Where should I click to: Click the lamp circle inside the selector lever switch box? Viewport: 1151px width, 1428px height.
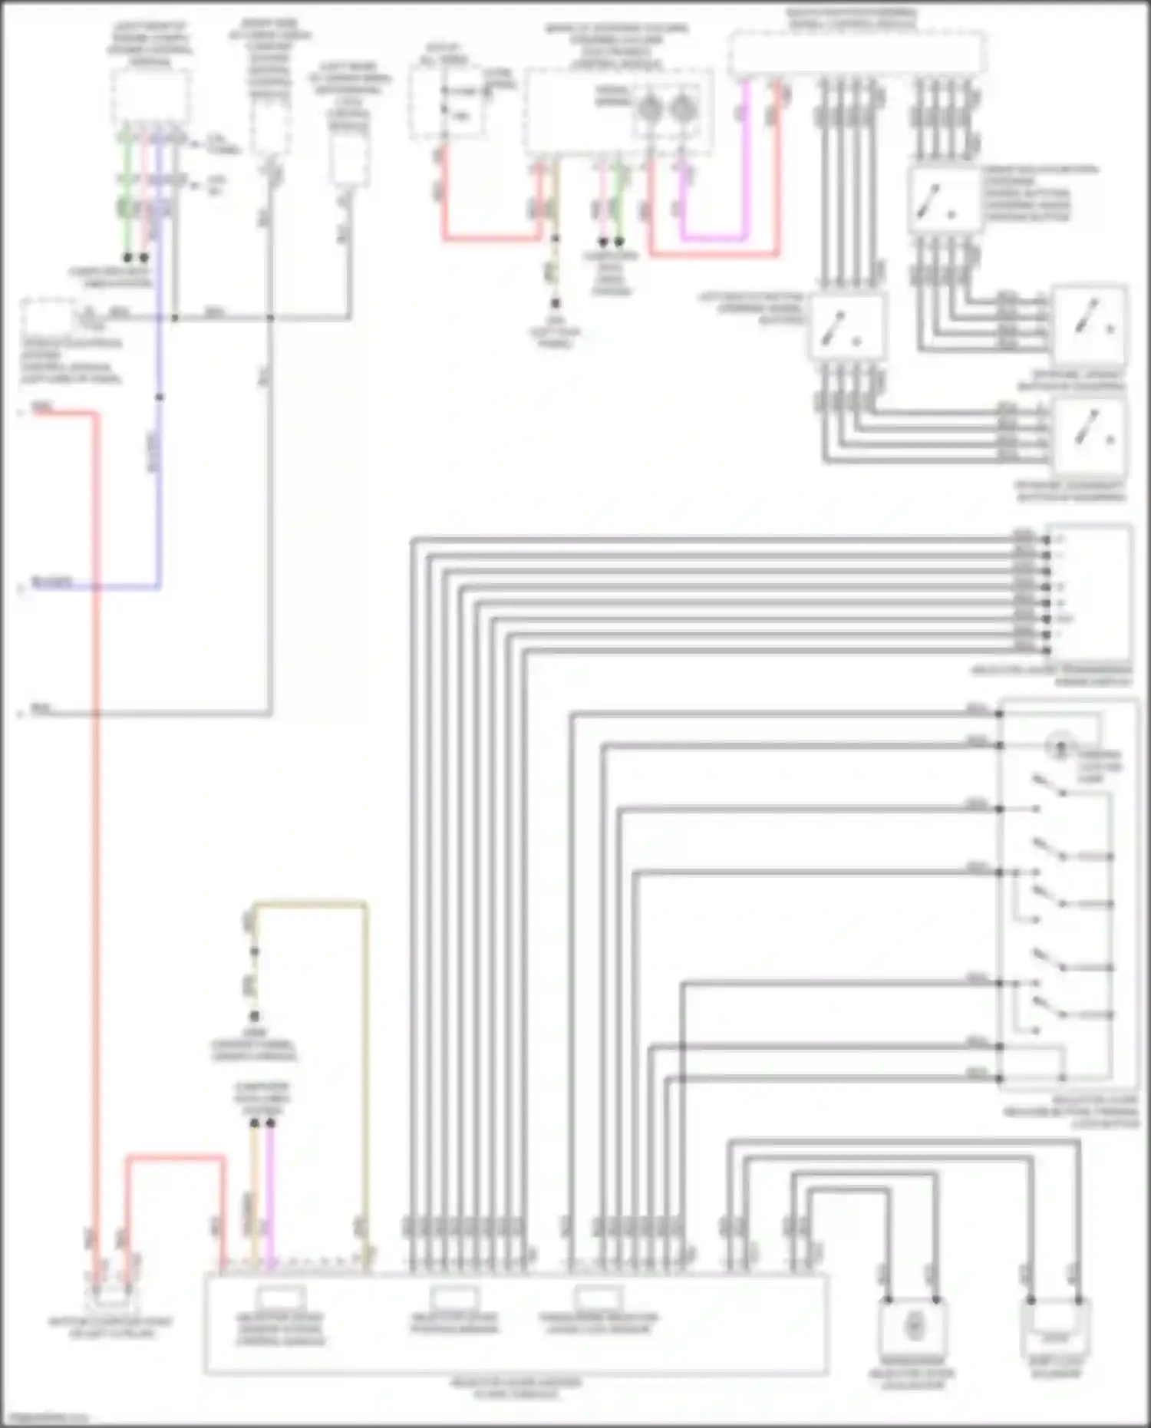pyautogui.click(x=1060, y=744)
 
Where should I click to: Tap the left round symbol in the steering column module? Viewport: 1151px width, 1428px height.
pyautogui.click(x=649, y=109)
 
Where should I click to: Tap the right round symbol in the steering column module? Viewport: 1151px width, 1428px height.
pyautogui.click(x=681, y=109)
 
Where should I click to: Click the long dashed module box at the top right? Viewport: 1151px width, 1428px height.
pyautogui.click(x=856, y=54)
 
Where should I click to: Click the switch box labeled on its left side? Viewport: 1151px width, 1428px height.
pyautogui.click(x=847, y=327)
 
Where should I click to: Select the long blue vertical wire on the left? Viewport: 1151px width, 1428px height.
pyautogui.click(x=160, y=460)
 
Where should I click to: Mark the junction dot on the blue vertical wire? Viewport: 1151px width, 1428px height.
pyautogui.click(x=160, y=397)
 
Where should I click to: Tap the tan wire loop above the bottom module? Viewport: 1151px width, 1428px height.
pyautogui.click(x=310, y=906)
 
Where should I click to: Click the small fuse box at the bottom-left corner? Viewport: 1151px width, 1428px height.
pyautogui.click(x=110, y=1297)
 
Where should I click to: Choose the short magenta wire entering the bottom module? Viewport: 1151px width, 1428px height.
pyautogui.click(x=270, y=1197)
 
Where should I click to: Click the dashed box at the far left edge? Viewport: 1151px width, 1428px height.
pyautogui.click(x=48, y=318)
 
